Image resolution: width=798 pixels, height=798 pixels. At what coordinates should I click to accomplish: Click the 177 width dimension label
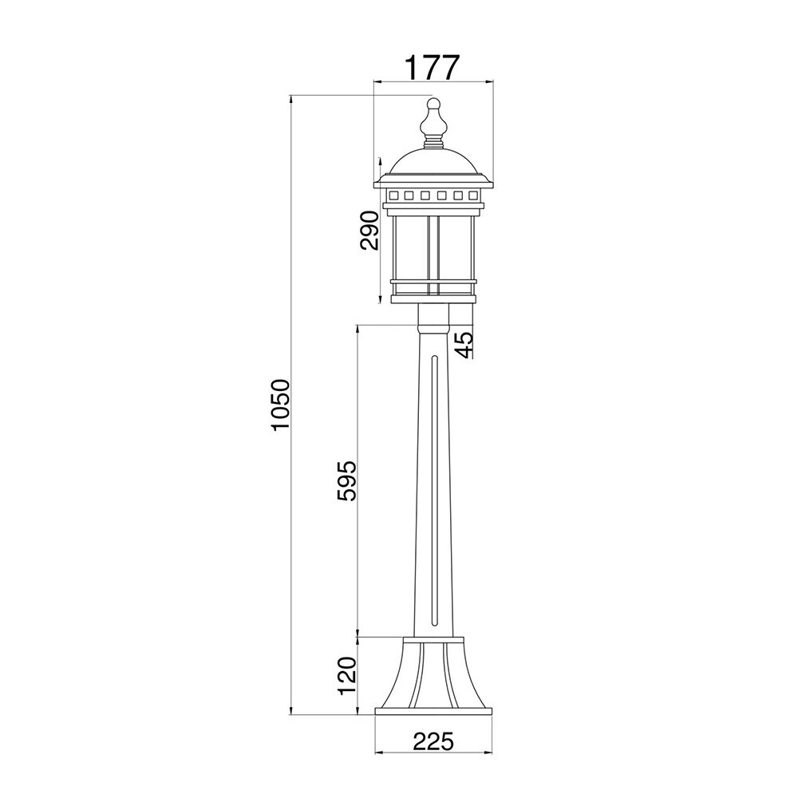pyautogui.click(x=432, y=67)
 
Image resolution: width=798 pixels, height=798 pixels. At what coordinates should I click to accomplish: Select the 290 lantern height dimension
pyautogui.click(x=370, y=230)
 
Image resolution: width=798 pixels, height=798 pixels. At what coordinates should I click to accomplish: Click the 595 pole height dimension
pyautogui.click(x=348, y=481)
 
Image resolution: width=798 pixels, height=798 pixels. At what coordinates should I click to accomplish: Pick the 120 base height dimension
pyautogui.click(x=348, y=676)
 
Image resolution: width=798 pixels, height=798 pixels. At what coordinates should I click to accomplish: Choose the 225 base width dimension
pyautogui.click(x=433, y=741)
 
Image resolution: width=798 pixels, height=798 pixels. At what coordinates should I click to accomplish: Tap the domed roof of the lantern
pyautogui.click(x=433, y=162)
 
